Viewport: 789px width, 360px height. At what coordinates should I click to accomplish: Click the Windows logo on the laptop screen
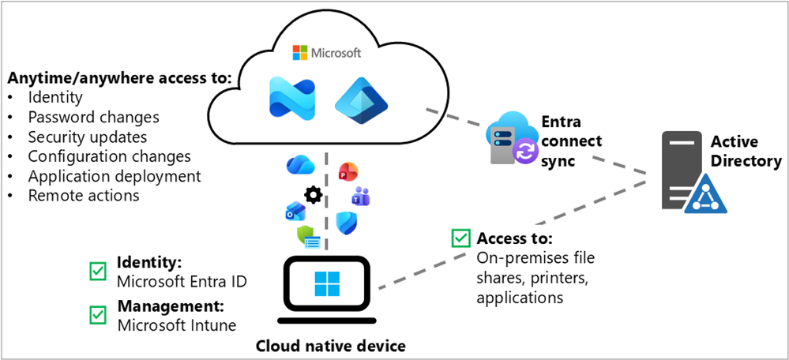click(x=325, y=283)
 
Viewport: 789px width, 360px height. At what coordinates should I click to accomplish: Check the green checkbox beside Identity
click(x=98, y=271)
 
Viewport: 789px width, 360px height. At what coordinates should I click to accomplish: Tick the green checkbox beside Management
click(x=98, y=314)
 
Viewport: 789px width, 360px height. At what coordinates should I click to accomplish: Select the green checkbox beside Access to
click(x=459, y=238)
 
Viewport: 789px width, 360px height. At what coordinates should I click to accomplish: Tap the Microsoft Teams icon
click(x=361, y=196)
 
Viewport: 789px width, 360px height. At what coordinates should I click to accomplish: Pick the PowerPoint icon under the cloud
click(x=348, y=169)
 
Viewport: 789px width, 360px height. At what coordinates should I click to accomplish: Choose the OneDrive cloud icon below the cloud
click(x=302, y=164)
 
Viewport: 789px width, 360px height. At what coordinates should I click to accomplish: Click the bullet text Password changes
click(x=93, y=117)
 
